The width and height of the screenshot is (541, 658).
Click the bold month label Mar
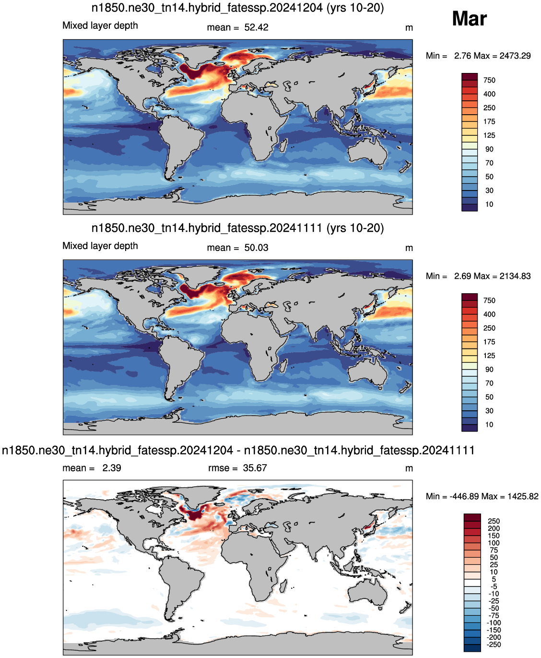469,19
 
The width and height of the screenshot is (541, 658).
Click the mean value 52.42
256,27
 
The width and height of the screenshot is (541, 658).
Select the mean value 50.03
256,248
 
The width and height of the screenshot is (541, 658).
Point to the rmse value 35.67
255,468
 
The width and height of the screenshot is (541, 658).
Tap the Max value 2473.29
515,56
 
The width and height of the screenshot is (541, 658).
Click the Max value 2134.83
515,276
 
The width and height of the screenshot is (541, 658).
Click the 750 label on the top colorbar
489,81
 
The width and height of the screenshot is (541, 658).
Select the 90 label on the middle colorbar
489,370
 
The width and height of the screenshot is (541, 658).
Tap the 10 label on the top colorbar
489,204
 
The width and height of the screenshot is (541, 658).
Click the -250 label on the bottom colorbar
494,645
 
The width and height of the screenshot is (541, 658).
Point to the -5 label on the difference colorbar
494,587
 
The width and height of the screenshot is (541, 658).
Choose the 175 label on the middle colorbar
489,342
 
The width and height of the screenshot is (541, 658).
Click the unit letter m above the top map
409,28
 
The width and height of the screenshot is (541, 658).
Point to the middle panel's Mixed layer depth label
100,246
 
